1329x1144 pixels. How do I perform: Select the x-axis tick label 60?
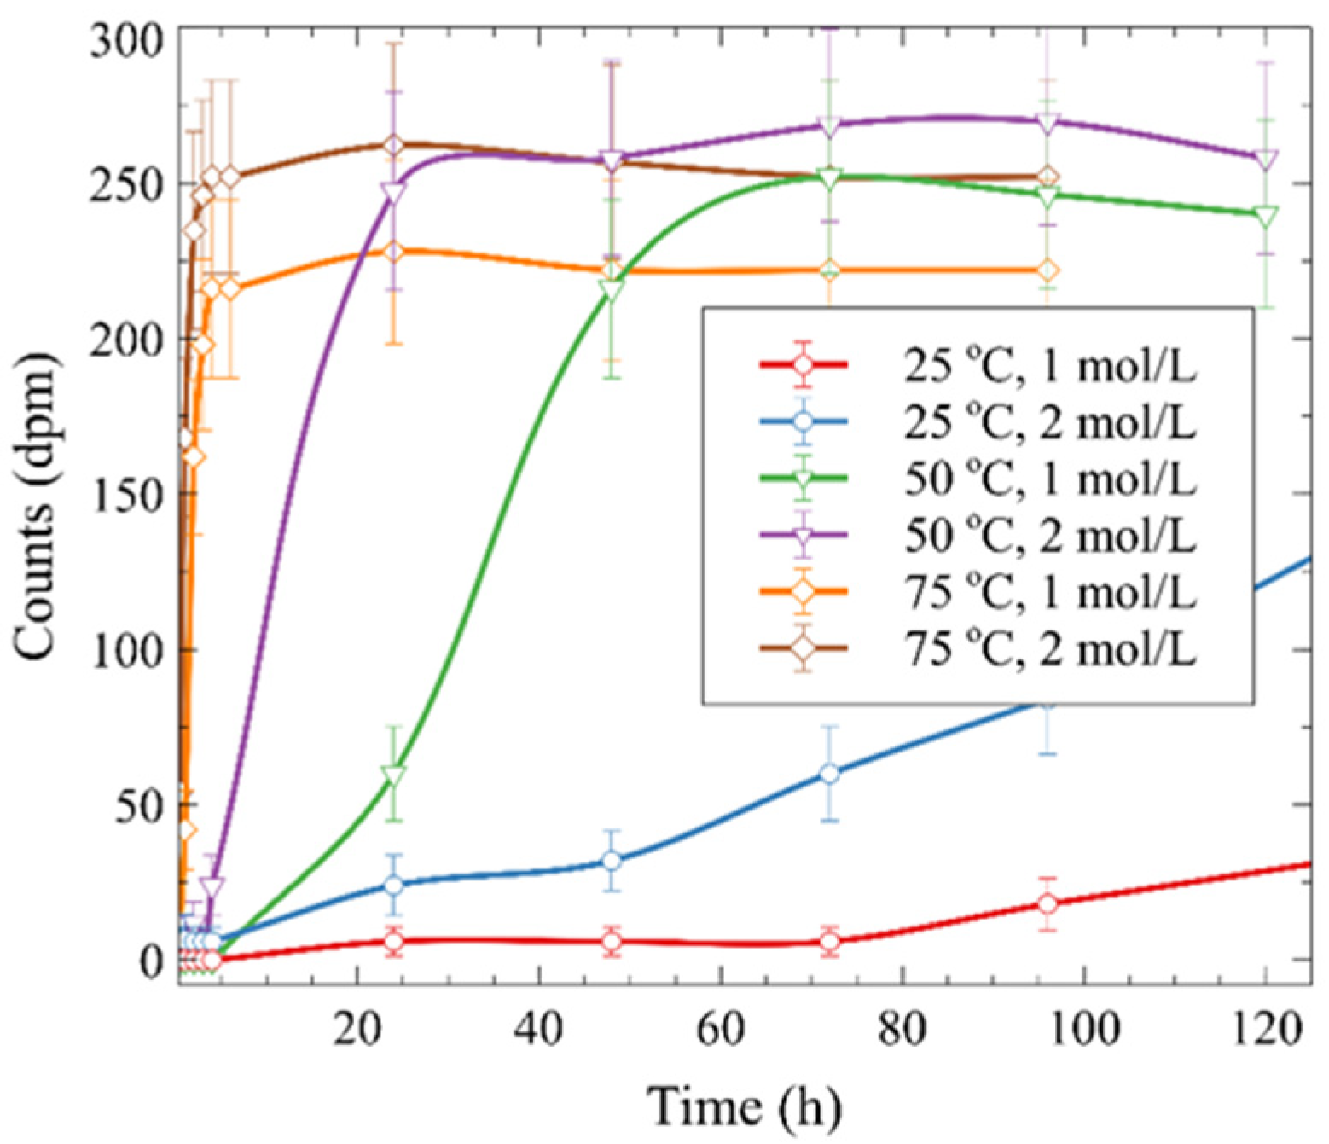point(721,1030)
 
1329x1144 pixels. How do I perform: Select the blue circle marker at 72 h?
point(829,774)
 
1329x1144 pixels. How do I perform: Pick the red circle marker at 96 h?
point(1048,903)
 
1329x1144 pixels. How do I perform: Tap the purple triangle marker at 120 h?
point(1266,160)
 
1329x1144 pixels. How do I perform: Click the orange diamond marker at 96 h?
point(1048,270)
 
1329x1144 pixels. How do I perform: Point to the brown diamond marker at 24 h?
point(393,146)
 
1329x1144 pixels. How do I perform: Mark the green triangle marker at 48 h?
point(611,291)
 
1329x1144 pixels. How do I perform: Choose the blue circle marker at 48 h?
point(611,861)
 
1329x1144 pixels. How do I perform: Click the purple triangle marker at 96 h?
point(1048,123)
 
